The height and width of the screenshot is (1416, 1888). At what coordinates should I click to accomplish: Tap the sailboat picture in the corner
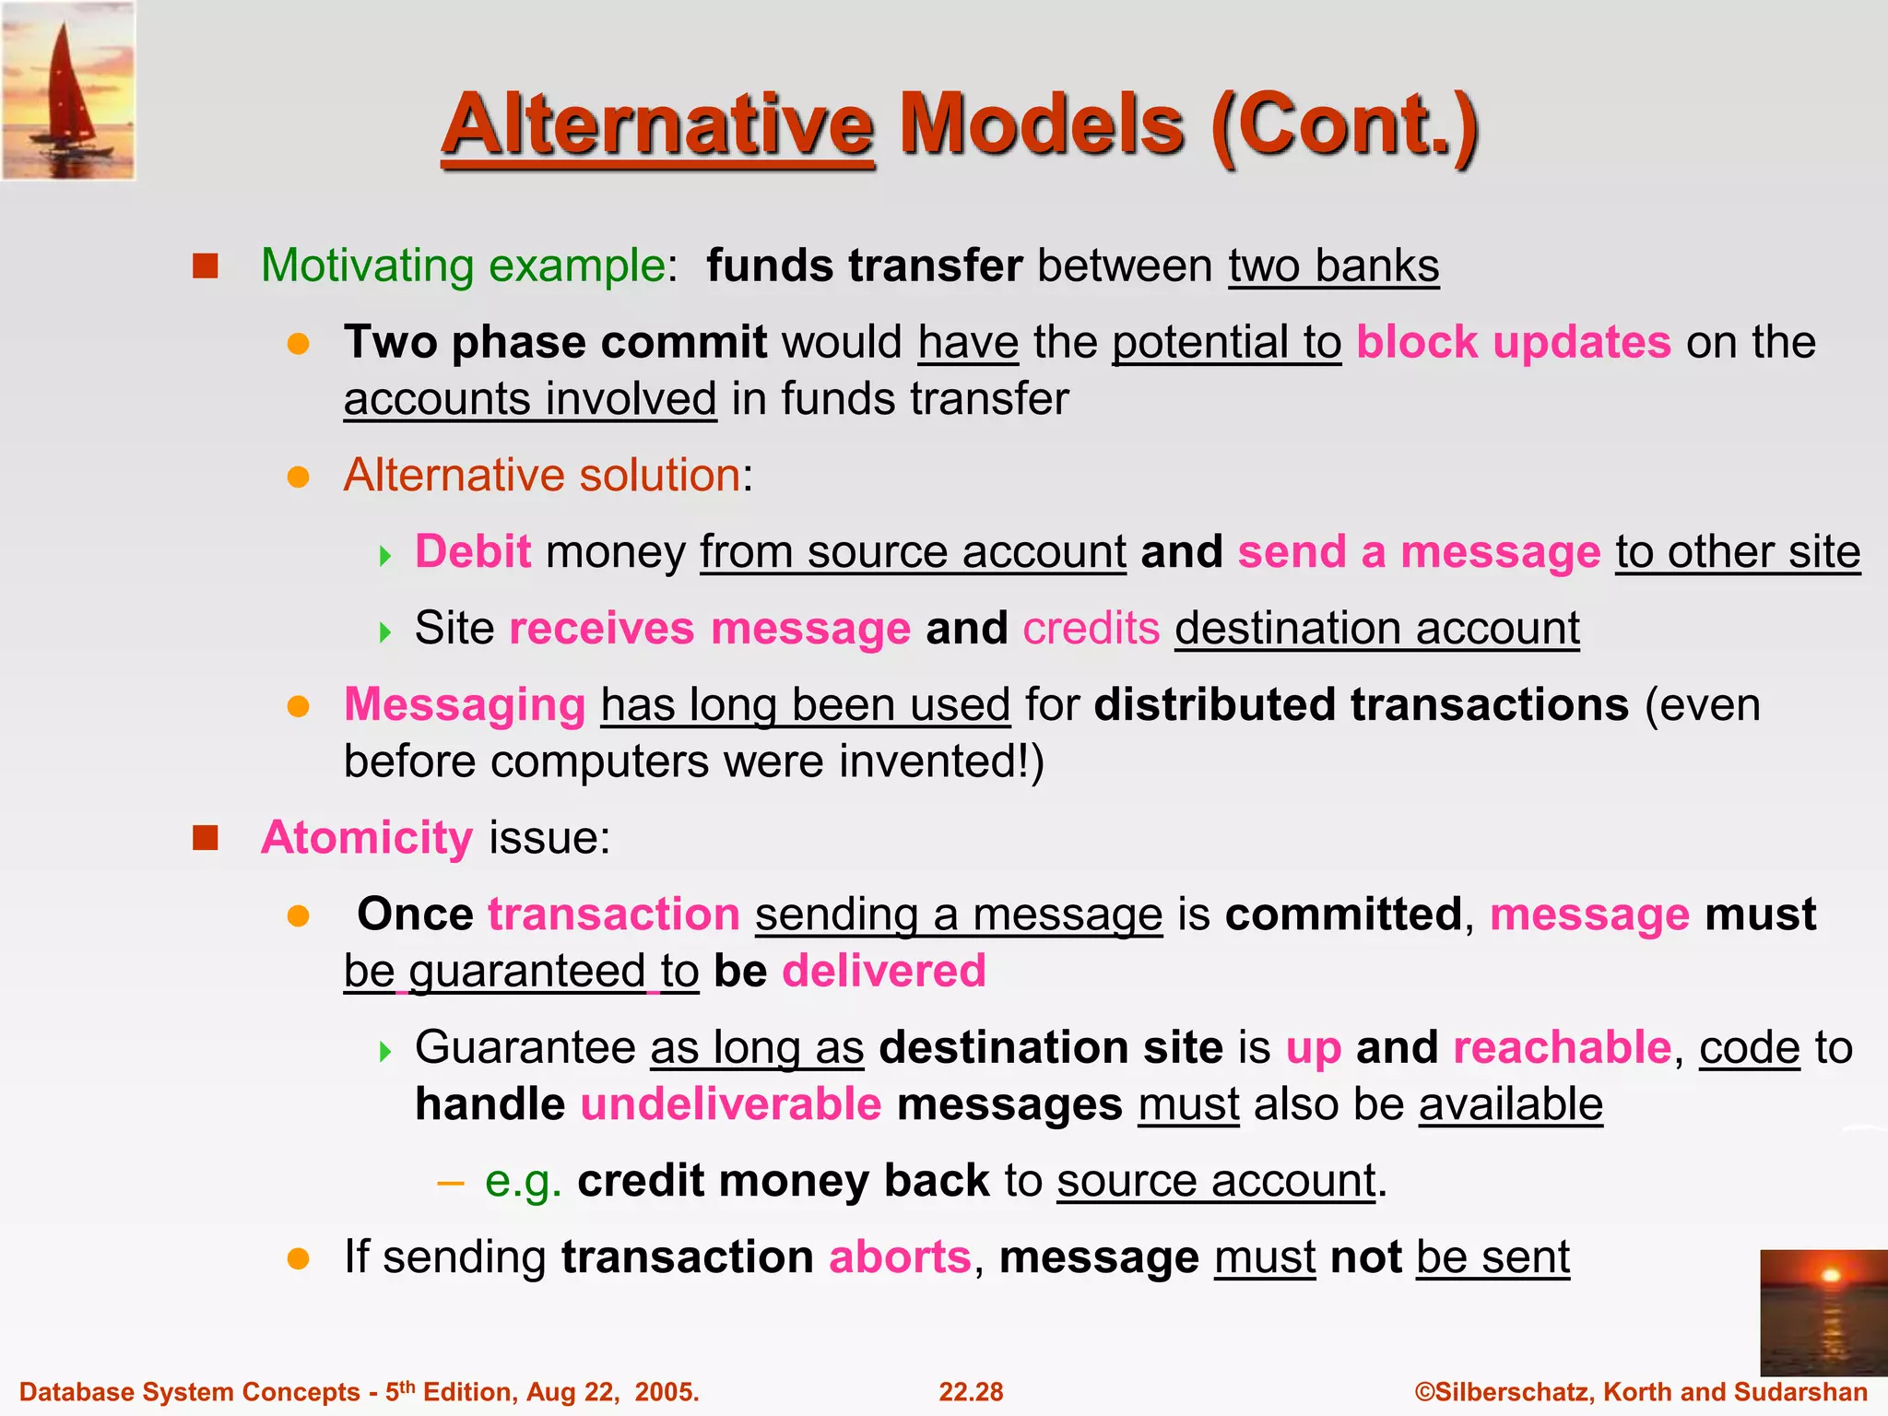pyautogui.click(x=68, y=90)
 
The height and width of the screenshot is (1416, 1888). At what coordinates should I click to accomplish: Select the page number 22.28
pyautogui.click(x=971, y=1392)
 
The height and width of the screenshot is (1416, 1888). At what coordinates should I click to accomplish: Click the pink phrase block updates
pyautogui.click(x=1513, y=342)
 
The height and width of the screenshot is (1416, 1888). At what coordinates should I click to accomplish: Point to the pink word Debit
pyautogui.click(x=473, y=551)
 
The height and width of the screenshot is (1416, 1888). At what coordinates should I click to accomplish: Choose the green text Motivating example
pyautogui.click(x=463, y=265)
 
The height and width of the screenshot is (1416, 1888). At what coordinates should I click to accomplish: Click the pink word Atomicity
pyautogui.click(x=367, y=838)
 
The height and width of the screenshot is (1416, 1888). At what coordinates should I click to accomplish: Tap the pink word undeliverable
pyautogui.click(x=731, y=1104)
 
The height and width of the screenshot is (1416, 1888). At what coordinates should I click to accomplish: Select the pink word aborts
pyautogui.click(x=900, y=1257)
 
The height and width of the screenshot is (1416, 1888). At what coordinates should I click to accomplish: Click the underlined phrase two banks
pyautogui.click(x=1333, y=265)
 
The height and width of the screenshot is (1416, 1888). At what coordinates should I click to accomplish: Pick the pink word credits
pyautogui.click(x=1091, y=629)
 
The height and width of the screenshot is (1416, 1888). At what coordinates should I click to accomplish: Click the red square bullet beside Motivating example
pyautogui.click(x=205, y=266)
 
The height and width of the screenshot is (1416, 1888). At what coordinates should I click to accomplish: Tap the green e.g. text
pyautogui.click(x=523, y=1181)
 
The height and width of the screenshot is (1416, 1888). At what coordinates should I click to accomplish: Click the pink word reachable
pyautogui.click(x=1562, y=1047)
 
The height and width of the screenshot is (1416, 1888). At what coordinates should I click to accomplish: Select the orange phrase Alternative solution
pyautogui.click(x=542, y=476)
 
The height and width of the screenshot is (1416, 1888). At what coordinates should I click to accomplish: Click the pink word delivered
pyautogui.click(x=884, y=971)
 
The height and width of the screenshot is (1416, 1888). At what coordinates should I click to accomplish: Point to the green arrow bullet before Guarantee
pyautogui.click(x=385, y=1051)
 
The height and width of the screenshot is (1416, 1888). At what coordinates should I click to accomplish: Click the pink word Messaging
pyautogui.click(x=465, y=705)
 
